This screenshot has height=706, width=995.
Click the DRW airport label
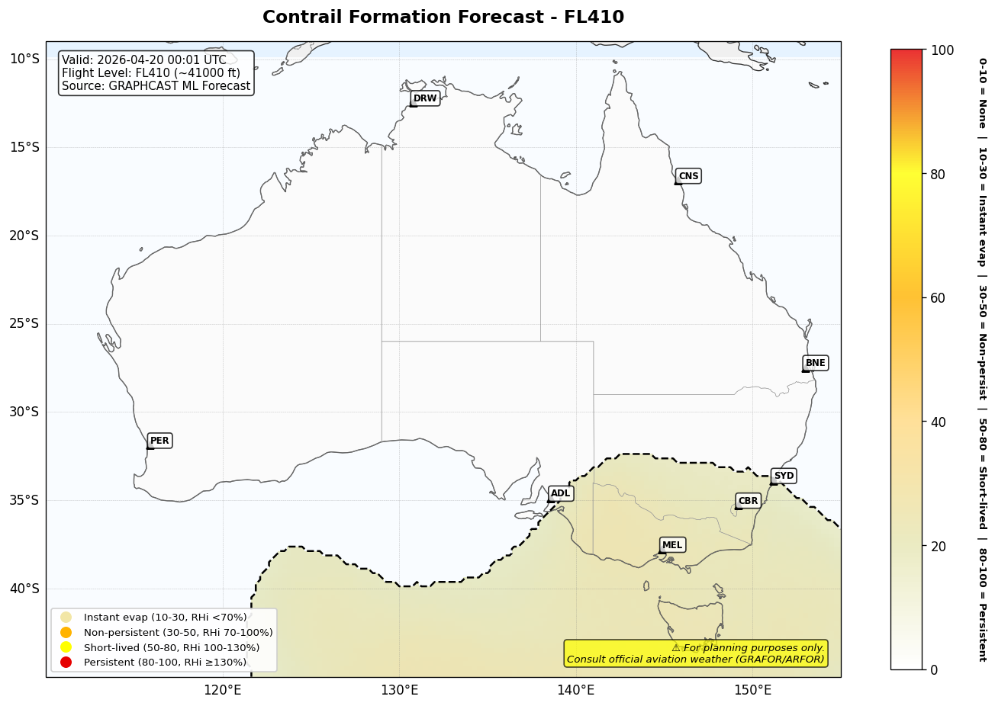(x=425, y=98)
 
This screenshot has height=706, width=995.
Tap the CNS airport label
(x=688, y=176)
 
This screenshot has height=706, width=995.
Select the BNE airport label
(x=815, y=363)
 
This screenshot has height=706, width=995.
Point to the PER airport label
(x=159, y=441)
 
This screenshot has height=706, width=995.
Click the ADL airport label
(x=560, y=493)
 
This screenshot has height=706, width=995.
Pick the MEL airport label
(x=672, y=545)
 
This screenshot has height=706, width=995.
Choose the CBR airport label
(x=748, y=501)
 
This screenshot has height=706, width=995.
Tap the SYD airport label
(x=784, y=476)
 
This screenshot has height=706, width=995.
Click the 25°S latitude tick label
(x=24, y=323)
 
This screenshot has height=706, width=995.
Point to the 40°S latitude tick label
(x=24, y=589)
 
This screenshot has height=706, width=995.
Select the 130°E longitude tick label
(x=399, y=691)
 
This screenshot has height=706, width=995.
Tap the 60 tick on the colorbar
(x=938, y=298)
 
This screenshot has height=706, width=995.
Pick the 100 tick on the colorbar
(x=942, y=50)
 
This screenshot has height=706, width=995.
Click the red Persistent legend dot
(x=66, y=663)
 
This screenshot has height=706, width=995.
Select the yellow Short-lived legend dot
(x=66, y=647)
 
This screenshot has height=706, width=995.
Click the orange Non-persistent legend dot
(x=66, y=632)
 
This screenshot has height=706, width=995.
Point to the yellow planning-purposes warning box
(x=695, y=653)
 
